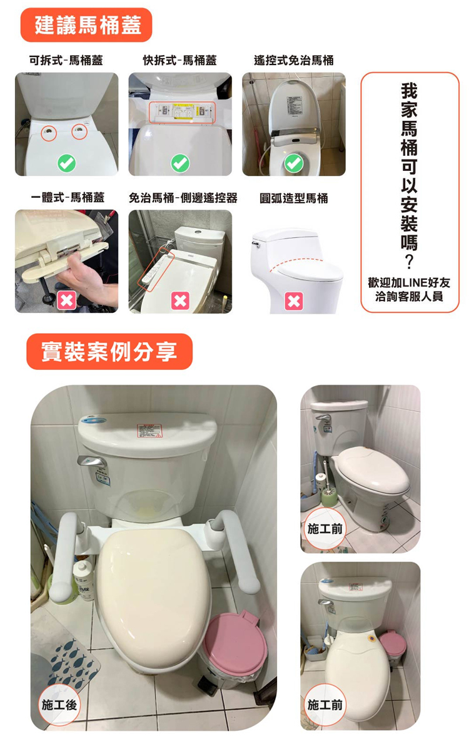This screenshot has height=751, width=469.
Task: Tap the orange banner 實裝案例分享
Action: tap(109, 351)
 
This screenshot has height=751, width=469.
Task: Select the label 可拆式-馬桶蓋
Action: tap(66, 61)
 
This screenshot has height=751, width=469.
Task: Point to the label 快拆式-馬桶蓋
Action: tap(179, 61)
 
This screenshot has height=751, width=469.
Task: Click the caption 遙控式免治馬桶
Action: tap(293, 61)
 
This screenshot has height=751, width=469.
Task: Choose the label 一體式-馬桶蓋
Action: tap(67, 198)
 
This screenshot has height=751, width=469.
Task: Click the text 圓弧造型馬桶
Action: tap(293, 198)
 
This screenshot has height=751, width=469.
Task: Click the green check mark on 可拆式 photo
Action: tap(66, 164)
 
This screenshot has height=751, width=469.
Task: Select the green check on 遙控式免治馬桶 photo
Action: tap(293, 164)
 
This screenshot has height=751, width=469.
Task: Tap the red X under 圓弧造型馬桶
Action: tap(293, 302)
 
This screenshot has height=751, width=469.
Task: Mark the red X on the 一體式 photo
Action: tap(66, 302)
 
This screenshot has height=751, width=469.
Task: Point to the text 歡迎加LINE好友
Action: tap(410, 283)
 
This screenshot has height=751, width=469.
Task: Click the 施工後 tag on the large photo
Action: tap(59, 705)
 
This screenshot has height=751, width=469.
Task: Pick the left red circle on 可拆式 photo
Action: tap(49, 133)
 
